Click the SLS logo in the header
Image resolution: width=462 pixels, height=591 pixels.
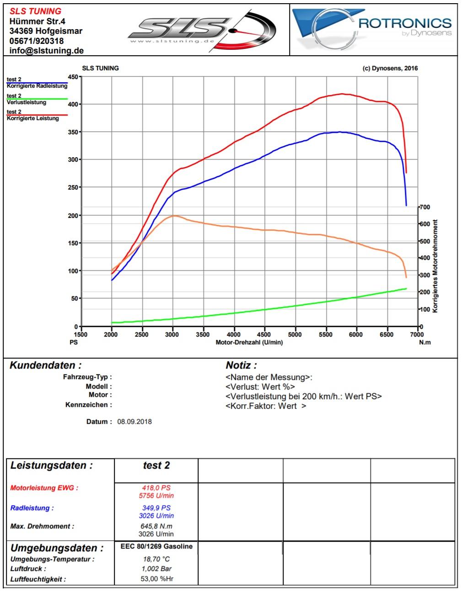[201, 30]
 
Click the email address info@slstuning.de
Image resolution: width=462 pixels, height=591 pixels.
[46, 51]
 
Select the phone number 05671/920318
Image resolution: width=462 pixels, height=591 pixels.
[37, 41]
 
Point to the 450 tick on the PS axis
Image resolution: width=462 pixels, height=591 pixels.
[73, 77]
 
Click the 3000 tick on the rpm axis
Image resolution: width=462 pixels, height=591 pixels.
[172, 334]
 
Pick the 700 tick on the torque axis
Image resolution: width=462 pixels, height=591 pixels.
[425, 207]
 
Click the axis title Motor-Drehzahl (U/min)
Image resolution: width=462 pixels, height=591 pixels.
[249, 343]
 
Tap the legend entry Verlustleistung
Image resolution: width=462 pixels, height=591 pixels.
[26, 102]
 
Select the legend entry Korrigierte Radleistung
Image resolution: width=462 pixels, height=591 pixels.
[37, 86]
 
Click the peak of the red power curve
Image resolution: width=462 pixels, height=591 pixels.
[343, 94]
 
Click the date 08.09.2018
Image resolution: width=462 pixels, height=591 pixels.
[134, 422]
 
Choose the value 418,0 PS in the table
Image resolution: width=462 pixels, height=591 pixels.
[156, 488]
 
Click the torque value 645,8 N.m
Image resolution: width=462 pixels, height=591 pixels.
[156, 526]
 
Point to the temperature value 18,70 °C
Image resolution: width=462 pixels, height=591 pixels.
[156, 559]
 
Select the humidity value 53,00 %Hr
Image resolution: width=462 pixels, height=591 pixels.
[156, 579]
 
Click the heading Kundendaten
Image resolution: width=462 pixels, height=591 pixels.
[46, 365]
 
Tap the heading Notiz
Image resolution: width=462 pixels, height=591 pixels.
[241, 365]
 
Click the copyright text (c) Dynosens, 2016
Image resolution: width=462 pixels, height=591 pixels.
[390, 69]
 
